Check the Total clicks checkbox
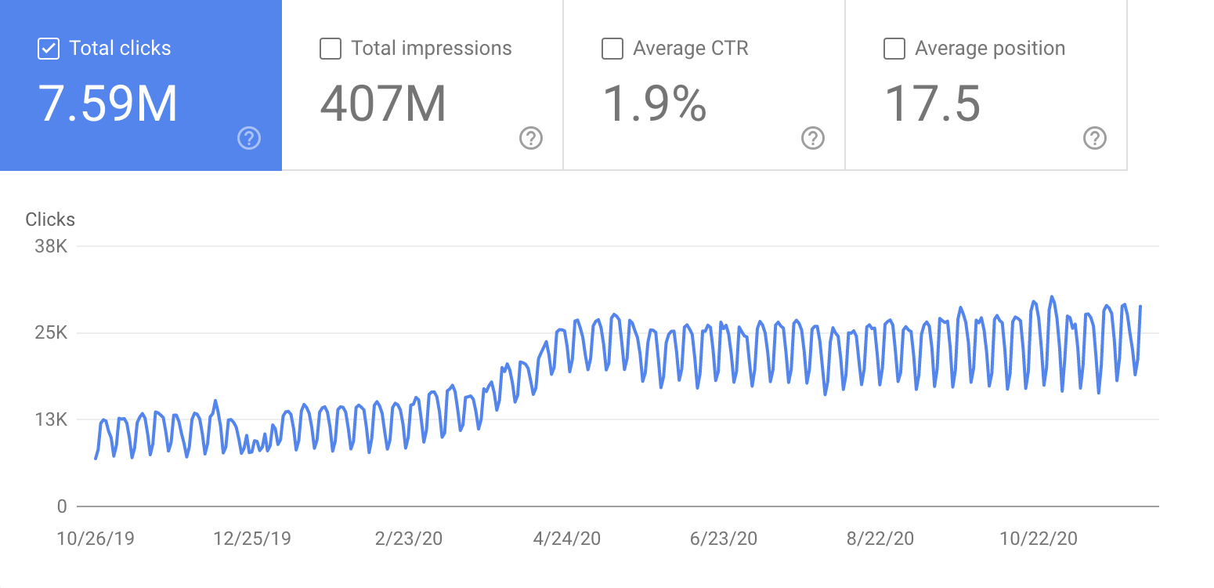(x=49, y=49)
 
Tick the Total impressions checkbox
(x=331, y=49)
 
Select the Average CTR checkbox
(x=612, y=49)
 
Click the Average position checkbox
(x=894, y=49)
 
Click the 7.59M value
(x=108, y=104)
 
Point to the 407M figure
(x=383, y=104)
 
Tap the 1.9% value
(x=655, y=104)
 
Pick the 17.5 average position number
(x=932, y=104)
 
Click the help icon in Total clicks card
(x=249, y=139)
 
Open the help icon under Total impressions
(x=531, y=139)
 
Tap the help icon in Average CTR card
(x=813, y=139)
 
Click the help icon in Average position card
(x=1095, y=139)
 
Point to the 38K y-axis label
(x=52, y=247)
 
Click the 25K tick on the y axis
(x=52, y=333)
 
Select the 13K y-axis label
(x=52, y=420)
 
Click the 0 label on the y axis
(x=62, y=506)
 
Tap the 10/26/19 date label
(x=96, y=539)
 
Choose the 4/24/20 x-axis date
(x=566, y=539)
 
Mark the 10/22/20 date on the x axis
(x=1039, y=539)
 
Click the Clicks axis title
(x=50, y=220)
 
